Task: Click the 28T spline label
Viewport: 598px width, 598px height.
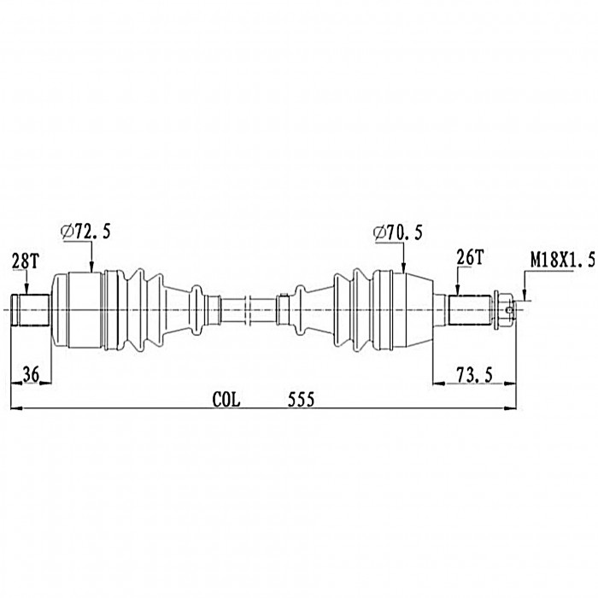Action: [25, 261]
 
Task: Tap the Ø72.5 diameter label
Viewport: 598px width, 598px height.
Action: [85, 232]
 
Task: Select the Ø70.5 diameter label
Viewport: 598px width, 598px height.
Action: [398, 232]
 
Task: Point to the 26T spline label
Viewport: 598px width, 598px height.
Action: [470, 258]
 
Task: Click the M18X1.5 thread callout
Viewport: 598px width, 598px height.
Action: [563, 261]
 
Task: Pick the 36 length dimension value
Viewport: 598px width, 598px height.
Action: [31, 374]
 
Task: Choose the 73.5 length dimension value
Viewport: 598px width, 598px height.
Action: [475, 375]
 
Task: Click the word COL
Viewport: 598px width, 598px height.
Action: [226, 400]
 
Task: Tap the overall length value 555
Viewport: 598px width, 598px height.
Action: [301, 400]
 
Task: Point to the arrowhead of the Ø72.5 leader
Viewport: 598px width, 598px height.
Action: [91, 267]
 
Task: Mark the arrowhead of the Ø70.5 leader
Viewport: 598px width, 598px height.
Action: [403, 267]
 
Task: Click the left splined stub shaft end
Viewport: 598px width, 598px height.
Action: [31, 310]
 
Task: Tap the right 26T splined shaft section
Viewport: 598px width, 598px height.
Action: [470, 310]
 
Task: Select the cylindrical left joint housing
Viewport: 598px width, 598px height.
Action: [78, 310]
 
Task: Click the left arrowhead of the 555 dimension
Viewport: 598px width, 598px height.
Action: [16, 408]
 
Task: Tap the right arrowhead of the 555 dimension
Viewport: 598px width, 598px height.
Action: [510, 408]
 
